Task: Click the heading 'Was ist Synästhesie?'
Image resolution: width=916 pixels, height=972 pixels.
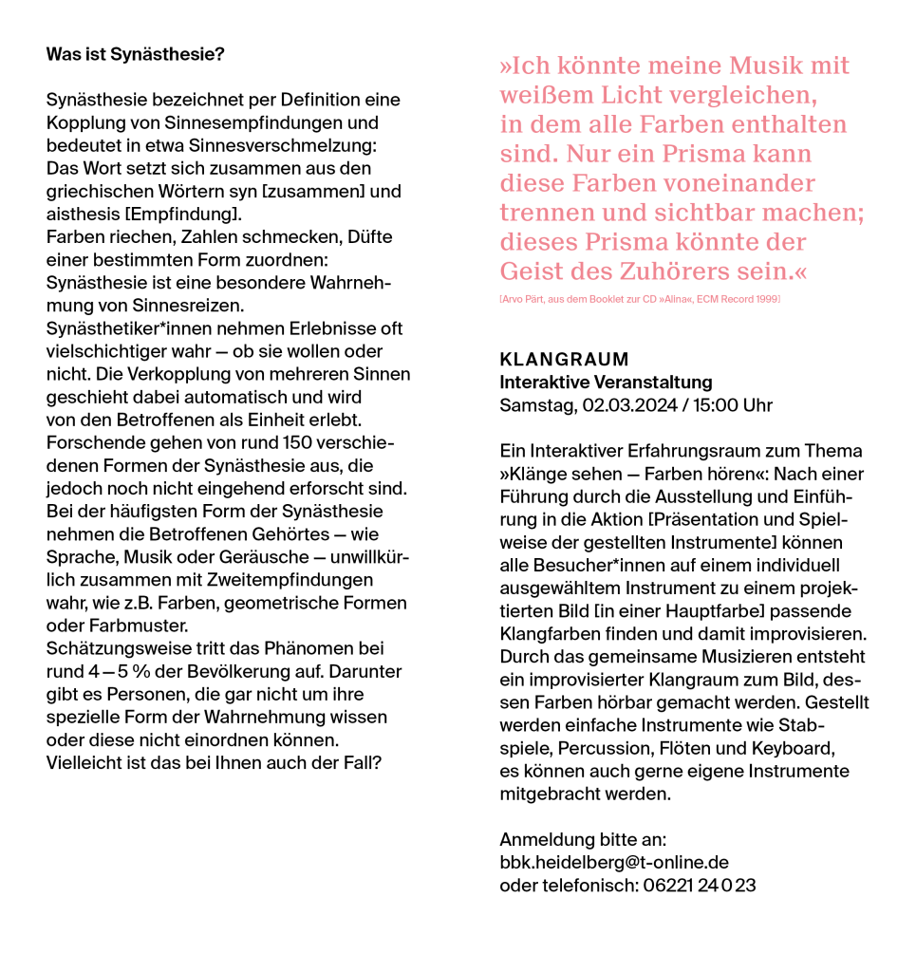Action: pos(135,54)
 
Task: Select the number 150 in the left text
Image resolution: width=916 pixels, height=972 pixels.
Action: pos(299,442)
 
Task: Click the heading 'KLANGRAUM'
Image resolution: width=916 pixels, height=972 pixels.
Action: pos(564,360)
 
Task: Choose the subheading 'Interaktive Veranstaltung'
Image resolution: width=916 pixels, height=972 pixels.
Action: pos(606,383)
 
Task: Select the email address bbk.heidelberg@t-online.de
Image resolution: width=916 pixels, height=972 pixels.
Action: pos(613,863)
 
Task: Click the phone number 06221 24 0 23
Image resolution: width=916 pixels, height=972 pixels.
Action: pos(699,886)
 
